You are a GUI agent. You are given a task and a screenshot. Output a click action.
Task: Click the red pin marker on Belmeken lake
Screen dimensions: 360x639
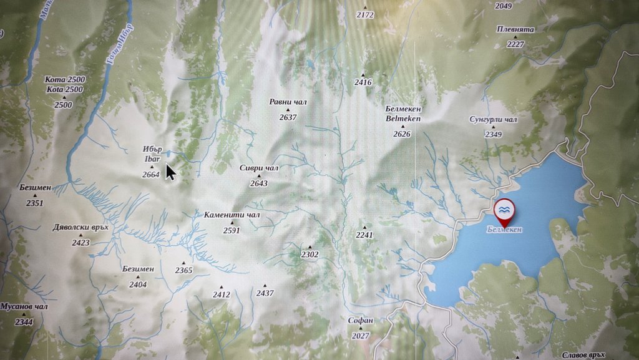(x=504, y=211)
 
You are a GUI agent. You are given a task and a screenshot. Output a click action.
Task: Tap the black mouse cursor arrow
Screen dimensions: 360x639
(x=170, y=172)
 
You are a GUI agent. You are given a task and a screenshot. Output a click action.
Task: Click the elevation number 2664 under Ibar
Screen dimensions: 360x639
(x=151, y=174)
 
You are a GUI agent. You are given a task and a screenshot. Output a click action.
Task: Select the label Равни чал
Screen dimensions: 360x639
(x=288, y=102)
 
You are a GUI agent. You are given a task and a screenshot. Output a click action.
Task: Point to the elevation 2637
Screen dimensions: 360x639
(x=288, y=117)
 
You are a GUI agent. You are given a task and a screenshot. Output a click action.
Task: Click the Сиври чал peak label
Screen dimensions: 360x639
(x=259, y=168)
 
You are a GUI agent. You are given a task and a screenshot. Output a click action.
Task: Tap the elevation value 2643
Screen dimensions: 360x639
(x=258, y=183)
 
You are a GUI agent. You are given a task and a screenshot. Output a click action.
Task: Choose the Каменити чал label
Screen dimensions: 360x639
(x=232, y=215)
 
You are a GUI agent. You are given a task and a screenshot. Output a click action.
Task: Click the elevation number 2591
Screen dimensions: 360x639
(x=232, y=230)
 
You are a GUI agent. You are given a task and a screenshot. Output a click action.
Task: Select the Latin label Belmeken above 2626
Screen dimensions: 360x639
(x=403, y=119)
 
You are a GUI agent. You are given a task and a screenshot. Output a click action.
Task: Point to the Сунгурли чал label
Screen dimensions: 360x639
(x=494, y=119)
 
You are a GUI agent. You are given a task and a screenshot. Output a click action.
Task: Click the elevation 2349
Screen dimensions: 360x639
(x=494, y=134)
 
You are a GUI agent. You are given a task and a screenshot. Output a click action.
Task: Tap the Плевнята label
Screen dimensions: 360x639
(x=515, y=29)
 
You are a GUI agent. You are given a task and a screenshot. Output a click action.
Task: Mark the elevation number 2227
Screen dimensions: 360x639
(x=515, y=44)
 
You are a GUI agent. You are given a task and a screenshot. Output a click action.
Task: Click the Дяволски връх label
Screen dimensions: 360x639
(x=80, y=227)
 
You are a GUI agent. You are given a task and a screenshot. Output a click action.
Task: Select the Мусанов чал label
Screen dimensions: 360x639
(x=24, y=306)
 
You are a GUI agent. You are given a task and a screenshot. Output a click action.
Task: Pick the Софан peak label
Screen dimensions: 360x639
(x=361, y=320)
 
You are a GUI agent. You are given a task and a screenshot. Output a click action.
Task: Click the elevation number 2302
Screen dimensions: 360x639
(x=310, y=255)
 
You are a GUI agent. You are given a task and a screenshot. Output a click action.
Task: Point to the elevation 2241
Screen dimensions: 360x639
(x=364, y=235)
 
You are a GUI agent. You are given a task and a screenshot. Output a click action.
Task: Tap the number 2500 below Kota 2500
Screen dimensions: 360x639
(x=63, y=105)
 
